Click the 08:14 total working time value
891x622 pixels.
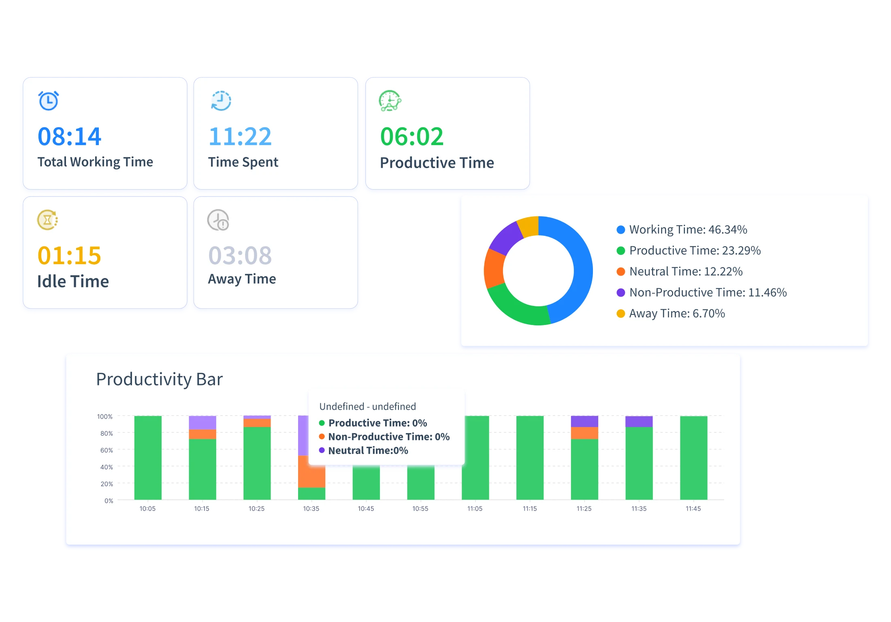point(69,137)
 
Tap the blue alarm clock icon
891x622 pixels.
point(49,100)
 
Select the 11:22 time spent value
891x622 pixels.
point(240,137)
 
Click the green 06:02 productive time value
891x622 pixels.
point(411,137)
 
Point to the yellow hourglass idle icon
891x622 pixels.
point(47,220)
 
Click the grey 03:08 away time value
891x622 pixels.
point(240,255)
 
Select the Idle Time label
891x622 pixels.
point(73,281)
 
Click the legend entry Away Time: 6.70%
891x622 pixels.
point(676,314)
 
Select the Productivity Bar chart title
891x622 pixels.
point(159,379)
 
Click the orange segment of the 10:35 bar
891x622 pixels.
point(311,471)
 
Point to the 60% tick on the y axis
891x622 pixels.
point(107,450)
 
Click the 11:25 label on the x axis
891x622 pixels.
point(584,509)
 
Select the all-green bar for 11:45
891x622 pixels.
point(693,458)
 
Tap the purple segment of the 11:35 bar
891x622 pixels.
point(639,421)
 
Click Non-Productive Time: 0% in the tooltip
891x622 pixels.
point(388,437)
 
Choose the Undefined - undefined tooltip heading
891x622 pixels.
point(367,406)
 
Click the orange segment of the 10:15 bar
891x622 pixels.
point(202,434)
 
